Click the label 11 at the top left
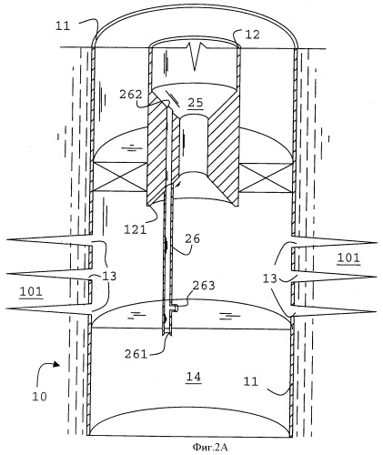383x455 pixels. point(63,26)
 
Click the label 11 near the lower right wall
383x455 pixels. point(251,381)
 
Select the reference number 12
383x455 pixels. point(252,35)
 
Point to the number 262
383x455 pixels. point(131,95)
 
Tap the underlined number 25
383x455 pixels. point(196,103)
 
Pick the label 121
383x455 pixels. point(136,229)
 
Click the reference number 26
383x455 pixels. point(193,238)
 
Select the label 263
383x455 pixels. point(204,286)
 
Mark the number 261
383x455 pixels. point(136,354)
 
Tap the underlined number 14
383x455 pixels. point(194,377)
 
